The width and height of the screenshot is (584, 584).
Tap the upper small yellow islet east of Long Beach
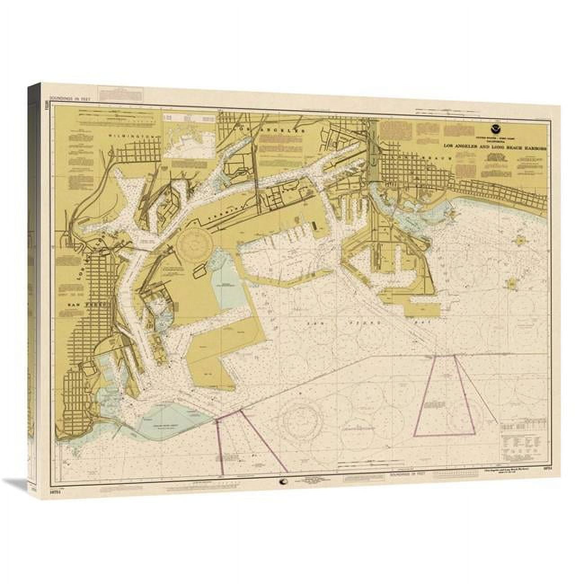coord(520,241)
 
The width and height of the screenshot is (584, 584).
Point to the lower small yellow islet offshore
coord(511,284)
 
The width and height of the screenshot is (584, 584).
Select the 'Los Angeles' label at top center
coord(272,129)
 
